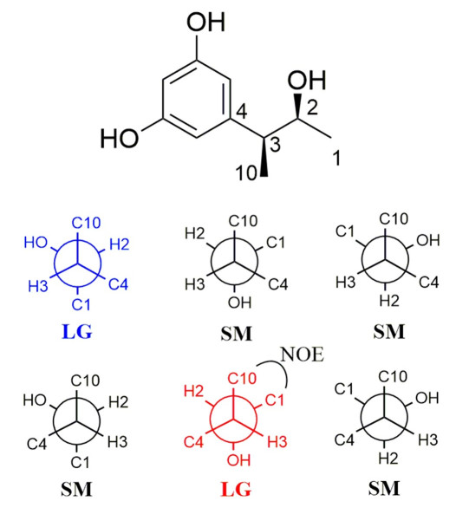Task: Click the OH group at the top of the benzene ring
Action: [x=205, y=23]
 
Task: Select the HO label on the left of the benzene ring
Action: [x=120, y=138]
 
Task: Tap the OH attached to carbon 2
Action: [x=307, y=80]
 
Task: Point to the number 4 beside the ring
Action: [x=241, y=111]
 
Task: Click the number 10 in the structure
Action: [x=247, y=172]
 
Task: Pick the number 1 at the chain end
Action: [x=336, y=158]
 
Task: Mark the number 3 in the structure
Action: [x=275, y=145]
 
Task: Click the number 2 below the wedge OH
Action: [x=312, y=107]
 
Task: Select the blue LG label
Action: [x=77, y=332]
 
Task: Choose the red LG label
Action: [x=236, y=490]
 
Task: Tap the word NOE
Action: [x=303, y=355]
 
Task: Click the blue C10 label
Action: [x=86, y=223]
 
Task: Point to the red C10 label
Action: [x=242, y=379]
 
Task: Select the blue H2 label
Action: [x=120, y=244]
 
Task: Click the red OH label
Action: [x=239, y=460]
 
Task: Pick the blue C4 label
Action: [x=119, y=284]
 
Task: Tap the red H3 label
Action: [x=277, y=442]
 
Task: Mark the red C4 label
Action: [x=193, y=442]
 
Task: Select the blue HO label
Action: [x=36, y=243]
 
